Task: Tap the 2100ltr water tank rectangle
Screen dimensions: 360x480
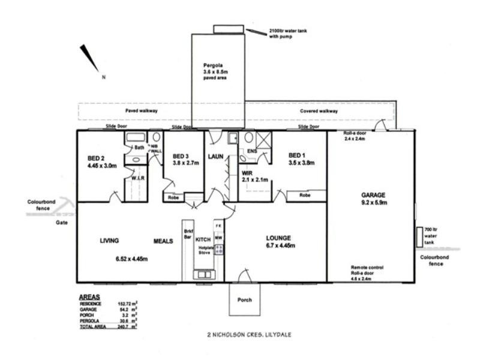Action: click(x=229, y=29)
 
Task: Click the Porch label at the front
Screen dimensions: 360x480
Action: click(x=244, y=299)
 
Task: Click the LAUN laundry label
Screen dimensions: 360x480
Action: click(x=215, y=157)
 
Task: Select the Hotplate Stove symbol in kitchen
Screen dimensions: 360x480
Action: click(x=220, y=249)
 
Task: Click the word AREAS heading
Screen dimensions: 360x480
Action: click(x=90, y=297)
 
